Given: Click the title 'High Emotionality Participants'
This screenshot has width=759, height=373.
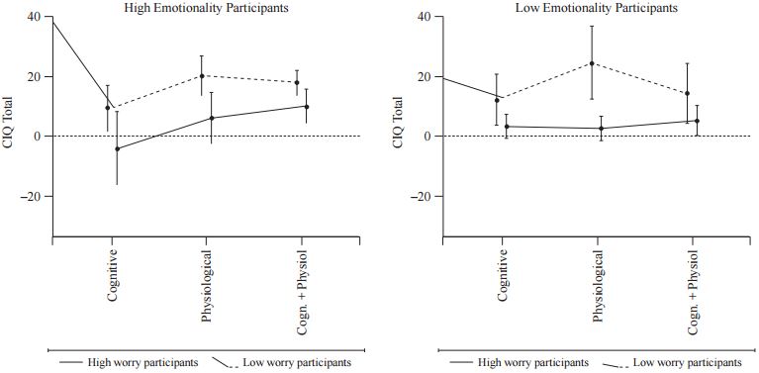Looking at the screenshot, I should click(x=207, y=7).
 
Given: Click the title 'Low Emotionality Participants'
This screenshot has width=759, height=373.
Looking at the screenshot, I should click(x=597, y=7).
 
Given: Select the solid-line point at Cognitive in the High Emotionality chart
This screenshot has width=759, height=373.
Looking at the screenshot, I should click(x=117, y=148).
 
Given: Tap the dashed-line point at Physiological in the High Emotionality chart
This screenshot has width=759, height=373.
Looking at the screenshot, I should click(x=202, y=76).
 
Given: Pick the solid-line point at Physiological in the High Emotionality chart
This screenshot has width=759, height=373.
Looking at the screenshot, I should click(x=211, y=118).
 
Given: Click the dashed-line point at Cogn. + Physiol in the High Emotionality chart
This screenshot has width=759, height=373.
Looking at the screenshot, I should click(x=296, y=83).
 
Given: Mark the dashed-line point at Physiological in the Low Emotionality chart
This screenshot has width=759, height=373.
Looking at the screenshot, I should click(x=592, y=63).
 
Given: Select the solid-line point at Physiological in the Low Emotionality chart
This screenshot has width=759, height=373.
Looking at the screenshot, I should click(x=601, y=128).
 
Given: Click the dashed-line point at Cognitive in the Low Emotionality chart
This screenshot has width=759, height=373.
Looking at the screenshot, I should click(x=498, y=100).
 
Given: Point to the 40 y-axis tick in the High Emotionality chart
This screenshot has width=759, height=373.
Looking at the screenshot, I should click(x=35, y=17).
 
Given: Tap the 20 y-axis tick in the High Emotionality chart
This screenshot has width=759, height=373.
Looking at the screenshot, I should click(x=35, y=76).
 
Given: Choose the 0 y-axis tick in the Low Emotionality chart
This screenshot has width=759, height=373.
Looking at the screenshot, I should click(x=428, y=137).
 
